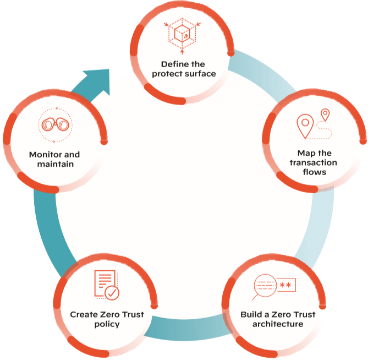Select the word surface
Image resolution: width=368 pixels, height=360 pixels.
(x=199, y=74)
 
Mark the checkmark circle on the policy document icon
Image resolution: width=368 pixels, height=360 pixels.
(x=112, y=293)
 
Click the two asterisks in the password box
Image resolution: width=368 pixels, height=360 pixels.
(x=285, y=285)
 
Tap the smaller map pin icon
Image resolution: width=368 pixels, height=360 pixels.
(x=326, y=115)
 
